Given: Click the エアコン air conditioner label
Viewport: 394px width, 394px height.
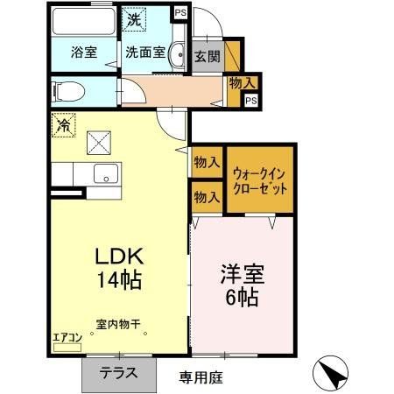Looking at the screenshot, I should click(x=67, y=337).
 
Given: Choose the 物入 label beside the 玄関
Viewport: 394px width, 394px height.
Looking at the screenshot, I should click(x=242, y=83).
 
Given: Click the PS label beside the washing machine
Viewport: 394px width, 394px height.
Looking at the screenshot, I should click(x=179, y=12).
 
